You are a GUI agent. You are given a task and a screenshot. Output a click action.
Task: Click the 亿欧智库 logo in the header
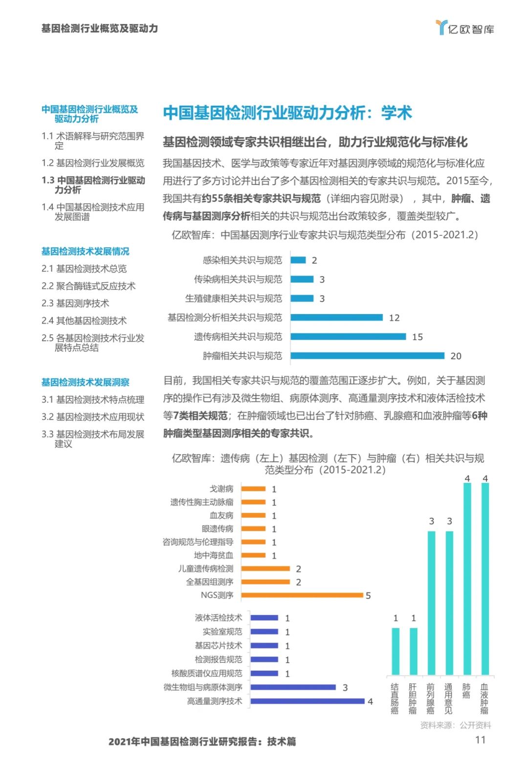(x=465, y=28)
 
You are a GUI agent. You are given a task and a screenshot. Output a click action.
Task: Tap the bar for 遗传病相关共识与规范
(x=348, y=337)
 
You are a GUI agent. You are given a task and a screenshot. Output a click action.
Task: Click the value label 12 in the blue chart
(x=394, y=318)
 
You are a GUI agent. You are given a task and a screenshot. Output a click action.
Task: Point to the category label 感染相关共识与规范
(x=242, y=260)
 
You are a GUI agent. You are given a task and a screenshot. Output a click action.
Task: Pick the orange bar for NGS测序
(x=302, y=595)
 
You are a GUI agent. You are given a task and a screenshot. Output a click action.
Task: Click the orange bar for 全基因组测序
(x=265, y=582)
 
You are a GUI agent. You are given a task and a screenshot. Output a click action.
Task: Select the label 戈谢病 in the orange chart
(x=221, y=489)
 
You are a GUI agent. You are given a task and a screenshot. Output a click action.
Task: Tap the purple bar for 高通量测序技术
(x=308, y=701)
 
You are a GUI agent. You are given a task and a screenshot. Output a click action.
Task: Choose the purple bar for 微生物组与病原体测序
(x=293, y=687)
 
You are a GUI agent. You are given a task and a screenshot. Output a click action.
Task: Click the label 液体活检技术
(x=219, y=618)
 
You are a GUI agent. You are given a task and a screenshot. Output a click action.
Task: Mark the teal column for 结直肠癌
(x=396, y=651)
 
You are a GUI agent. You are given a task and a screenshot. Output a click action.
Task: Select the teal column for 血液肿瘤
(x=485, y=579)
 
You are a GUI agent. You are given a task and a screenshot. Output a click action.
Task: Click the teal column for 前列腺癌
(x=431, y=603)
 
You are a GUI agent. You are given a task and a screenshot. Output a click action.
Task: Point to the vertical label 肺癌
(x=467, y=691)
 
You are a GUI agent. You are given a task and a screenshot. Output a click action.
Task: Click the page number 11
(x=480, y=740)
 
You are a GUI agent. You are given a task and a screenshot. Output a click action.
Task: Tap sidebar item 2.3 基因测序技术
(x=75, y=303)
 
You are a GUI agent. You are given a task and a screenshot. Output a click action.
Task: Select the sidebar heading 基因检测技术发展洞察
(x=86, y=382)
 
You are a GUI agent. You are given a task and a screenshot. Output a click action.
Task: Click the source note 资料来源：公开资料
(x=456, y=725)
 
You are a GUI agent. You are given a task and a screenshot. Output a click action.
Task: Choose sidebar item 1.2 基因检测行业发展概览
(x=93, y=163)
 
